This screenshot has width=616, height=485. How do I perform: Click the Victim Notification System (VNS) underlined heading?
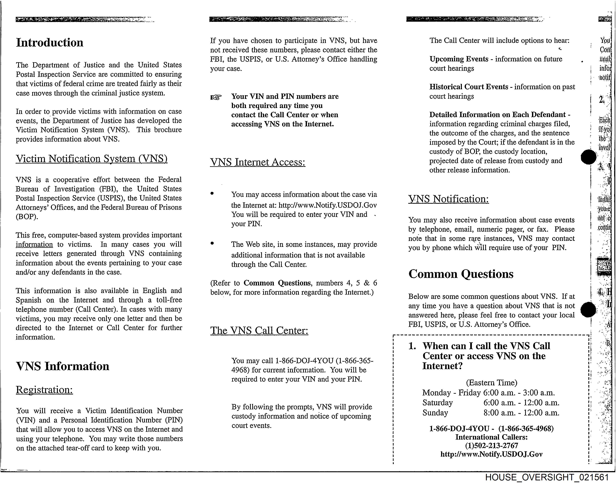(x=92, y=159)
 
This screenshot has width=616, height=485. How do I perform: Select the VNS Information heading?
(x=63, y=366)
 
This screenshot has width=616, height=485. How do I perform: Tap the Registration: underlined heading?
(x=44, y=390)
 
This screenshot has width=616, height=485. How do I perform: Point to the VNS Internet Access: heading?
(x=258, y=162)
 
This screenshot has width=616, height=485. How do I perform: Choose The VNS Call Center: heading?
(x=259, y=331)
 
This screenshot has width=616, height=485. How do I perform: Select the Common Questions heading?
(x=461, y=274)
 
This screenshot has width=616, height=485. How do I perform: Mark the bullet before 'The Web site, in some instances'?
(x=212, y=243)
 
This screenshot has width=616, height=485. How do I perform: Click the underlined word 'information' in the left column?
(x=34, y=244)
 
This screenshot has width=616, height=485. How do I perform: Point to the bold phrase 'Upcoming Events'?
(x=459, y=59)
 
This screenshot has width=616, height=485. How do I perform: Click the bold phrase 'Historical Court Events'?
(x=468, y=87)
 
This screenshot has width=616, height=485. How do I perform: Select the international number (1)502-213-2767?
(x=491, y=446)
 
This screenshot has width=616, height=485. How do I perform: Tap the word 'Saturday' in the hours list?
(x=437, y=403)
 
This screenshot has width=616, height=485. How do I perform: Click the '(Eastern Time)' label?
(x=491, y=383)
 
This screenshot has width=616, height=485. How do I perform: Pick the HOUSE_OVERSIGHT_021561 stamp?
(x=547, y=478)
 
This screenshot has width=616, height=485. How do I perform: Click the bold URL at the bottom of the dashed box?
(x=491, y=454)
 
